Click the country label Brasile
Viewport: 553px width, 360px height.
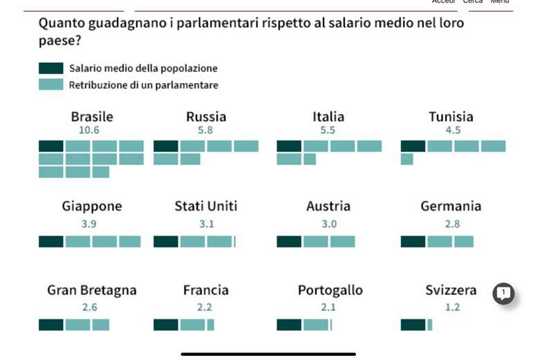(92, 117)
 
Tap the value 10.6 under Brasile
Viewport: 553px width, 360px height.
(89, 130)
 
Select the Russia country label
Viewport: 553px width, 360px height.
(206, 117)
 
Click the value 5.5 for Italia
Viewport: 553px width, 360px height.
(328, 130)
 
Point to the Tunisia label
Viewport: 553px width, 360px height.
(451, 117)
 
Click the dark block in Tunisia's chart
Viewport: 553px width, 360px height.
(413, 146)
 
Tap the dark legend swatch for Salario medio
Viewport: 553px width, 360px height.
(51, 68)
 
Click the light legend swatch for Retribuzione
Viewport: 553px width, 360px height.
(51, 85)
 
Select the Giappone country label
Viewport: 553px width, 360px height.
(92, 206)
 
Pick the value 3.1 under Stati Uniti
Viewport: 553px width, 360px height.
(207, 224)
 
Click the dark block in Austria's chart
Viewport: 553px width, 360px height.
(289, 242)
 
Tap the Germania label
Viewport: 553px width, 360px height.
(451, 206)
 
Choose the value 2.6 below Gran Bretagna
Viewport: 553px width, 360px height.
(89, 307)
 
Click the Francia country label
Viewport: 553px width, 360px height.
(206, 290)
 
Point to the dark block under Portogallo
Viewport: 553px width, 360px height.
(289, 325)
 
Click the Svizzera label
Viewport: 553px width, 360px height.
(451, 290)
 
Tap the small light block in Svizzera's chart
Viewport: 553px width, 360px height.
(429, 325)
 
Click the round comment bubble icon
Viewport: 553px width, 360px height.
(503, 294)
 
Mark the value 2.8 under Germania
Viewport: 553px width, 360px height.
(452, 224)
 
